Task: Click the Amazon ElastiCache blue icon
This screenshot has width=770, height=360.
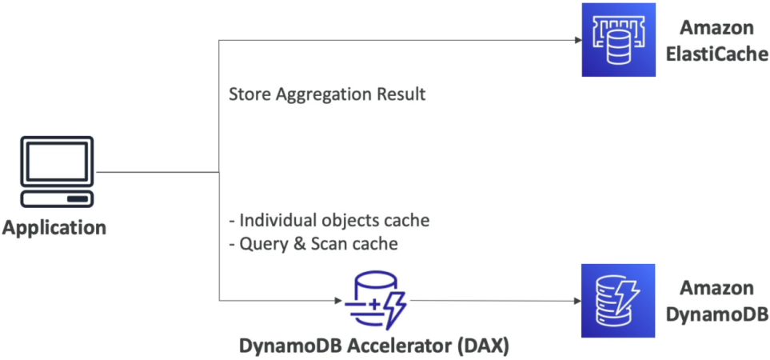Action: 618,40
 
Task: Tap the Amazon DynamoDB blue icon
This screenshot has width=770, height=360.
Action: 618,301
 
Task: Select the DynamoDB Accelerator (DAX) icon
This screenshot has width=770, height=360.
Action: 376,302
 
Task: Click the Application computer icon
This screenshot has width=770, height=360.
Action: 57,172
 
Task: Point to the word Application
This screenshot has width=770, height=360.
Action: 54,228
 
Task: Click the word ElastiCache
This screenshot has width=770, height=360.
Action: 717,54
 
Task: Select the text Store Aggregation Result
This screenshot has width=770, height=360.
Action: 327,94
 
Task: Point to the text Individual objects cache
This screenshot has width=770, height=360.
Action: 329,221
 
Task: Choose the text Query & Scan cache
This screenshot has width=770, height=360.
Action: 313,244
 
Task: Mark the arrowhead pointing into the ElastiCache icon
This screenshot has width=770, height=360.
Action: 577,40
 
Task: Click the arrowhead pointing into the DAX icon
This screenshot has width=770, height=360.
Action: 338,301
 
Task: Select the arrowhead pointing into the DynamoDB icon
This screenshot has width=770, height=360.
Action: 577,301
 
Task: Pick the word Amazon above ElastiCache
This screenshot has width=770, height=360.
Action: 717,28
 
